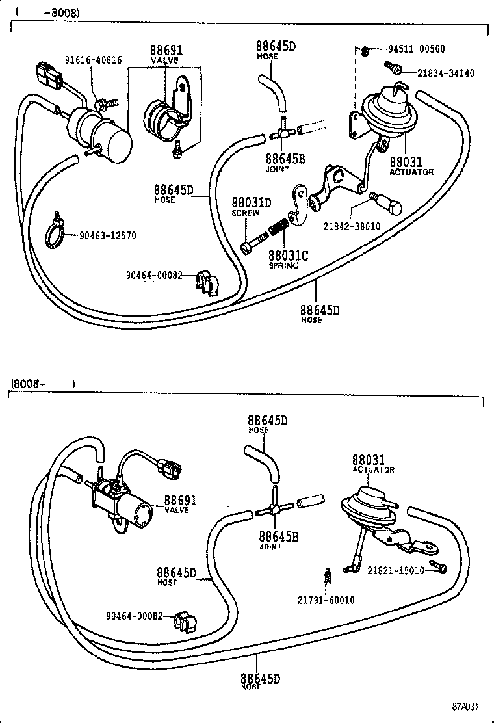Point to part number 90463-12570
[x=108, y=235]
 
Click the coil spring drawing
[x=277, y=230]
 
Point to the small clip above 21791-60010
[x=328, y=575]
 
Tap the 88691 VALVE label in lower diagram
[x=179, y=505]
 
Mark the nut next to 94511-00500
[x=367, y=50]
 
